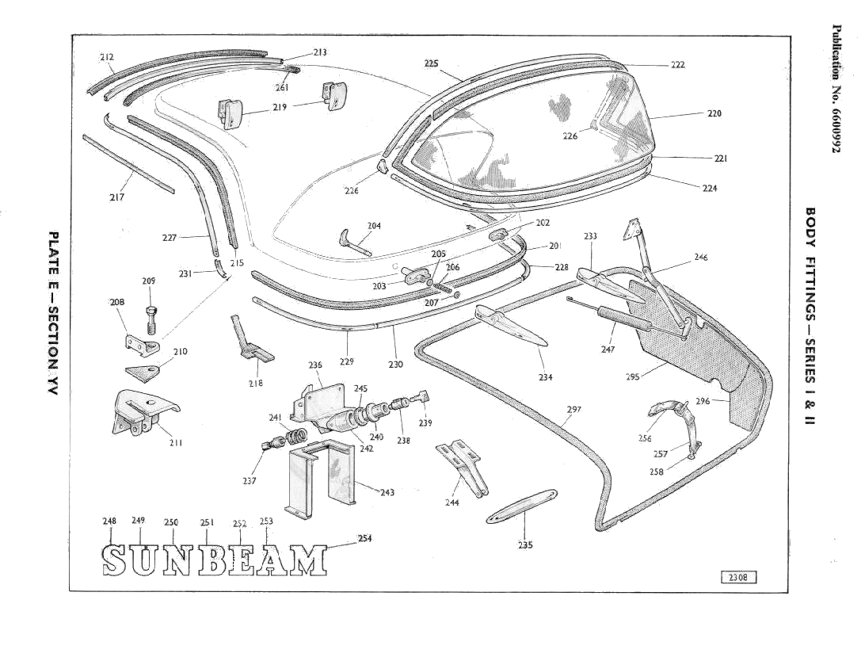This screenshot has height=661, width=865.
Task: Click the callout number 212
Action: pyautogui.click(x=107, y=57)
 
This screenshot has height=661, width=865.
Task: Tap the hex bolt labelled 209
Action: pyautogui.click(x=151, y=319)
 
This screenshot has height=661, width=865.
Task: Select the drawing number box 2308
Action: pyautogui.click(x=738, y=577)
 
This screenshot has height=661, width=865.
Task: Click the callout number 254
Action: pyautogui.click(x=365, y=538)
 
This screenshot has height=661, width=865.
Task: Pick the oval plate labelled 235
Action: pyautogui.click(x=519, y=507)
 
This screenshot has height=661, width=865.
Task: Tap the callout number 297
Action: pyautogui.click(x=574, y=410)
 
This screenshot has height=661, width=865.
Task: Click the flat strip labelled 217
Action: pyautogui.click(x=128, y=163)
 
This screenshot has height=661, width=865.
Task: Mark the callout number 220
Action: pyautogui.click(x=714, y=113)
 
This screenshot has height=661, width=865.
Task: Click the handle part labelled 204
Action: pyautogui.click(x=354, y=242)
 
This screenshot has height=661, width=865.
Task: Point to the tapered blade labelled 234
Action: pyautogui.click(x=511, y=327)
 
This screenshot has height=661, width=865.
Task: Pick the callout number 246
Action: pyautogui.click(x=700, y=257)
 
